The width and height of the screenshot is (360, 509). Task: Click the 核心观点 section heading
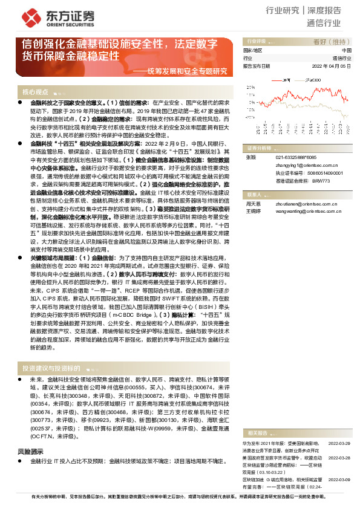coord(35,92)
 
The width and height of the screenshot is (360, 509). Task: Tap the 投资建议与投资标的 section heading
coord(51,368)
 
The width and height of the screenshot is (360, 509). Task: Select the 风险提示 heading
coord(30,452)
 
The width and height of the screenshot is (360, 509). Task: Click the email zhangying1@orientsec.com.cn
coord(300,165)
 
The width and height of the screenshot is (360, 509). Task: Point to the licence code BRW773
coord(339,180)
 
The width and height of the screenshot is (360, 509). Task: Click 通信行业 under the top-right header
coord(324,24)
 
